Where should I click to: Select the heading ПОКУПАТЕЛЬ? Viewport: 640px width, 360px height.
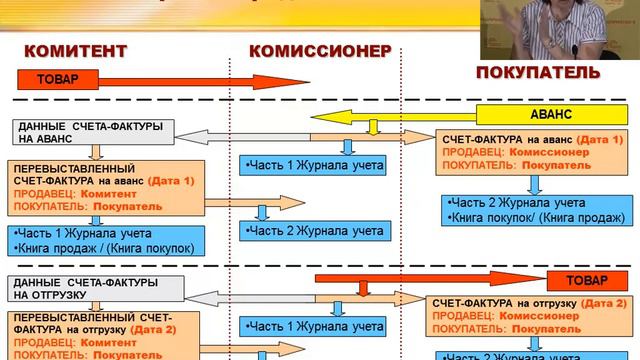(x=538, y=73)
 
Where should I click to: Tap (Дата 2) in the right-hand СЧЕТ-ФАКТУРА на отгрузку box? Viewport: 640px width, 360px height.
(x=603, y=302)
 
